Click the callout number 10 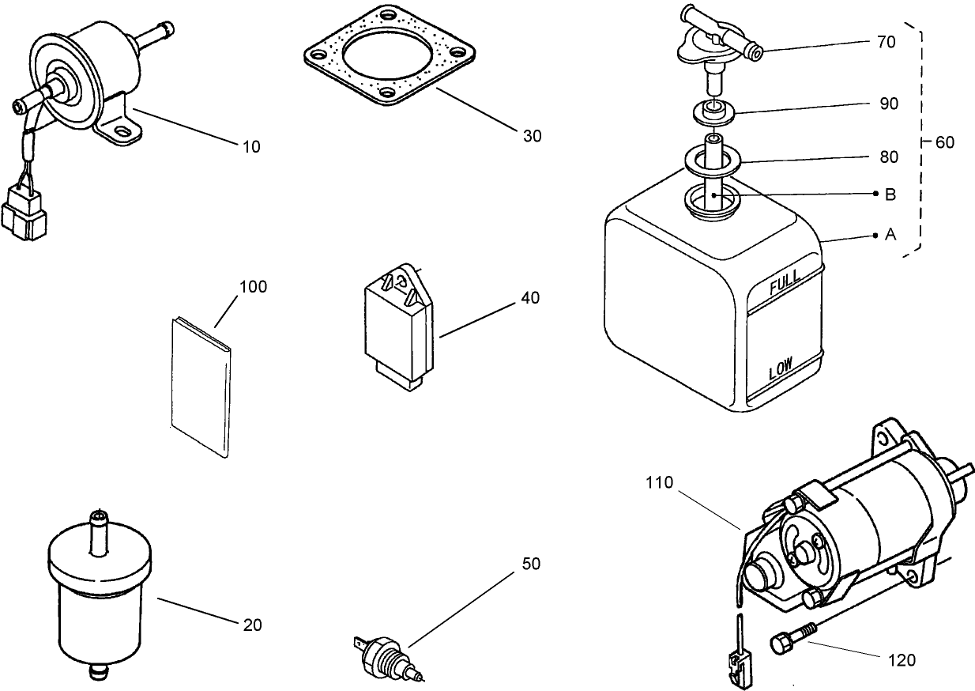[251, 146]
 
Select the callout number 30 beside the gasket [533, 136]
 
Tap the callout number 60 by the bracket [944, 142]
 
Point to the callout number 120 [902, 659]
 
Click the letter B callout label [890, 194]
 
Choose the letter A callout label [890, 235]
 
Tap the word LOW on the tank [781, 368]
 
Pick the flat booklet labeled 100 [202, 387]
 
